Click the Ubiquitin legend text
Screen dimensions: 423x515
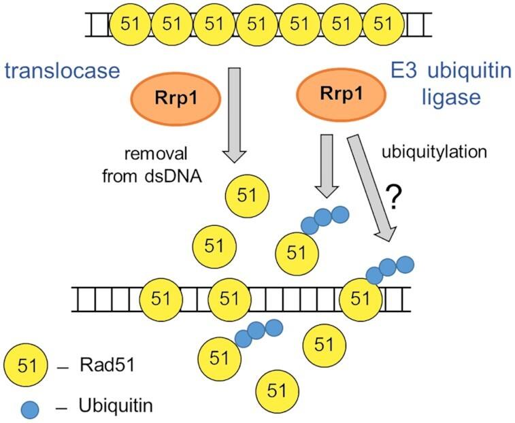(115, 407)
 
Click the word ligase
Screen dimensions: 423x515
(450, 99)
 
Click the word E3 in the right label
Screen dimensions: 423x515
(401, 71)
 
